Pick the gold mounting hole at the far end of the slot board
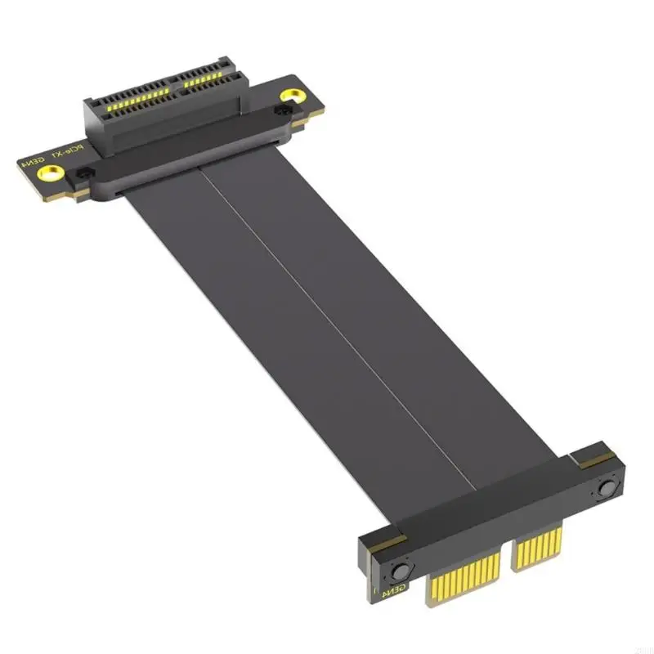coord(286,96)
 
